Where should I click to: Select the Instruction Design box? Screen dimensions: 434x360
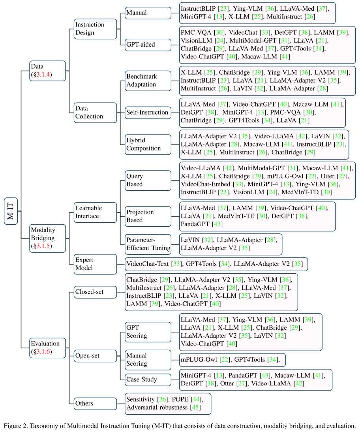[x=95, y=28]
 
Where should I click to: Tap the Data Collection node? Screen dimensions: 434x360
[x=95, y=112]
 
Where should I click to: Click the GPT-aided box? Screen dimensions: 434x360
[x=147, y=45]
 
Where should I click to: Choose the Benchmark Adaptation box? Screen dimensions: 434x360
[x=147, y=80]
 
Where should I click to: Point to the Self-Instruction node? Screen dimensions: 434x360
[x=147, y=112]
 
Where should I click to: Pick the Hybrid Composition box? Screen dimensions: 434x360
[x=147, y=144]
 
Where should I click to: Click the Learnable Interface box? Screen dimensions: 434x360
[x=95, y=212]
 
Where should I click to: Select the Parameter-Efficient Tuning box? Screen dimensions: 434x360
[x=148, y=244]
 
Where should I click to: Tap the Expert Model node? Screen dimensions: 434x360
[x=95, y=264]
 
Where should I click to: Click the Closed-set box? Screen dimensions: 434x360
[x=95, y=292]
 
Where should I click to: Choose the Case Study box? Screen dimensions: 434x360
[x=147, y=380]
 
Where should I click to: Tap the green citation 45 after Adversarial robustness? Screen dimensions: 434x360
[x=195, y=407]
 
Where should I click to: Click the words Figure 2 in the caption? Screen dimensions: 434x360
[x=15, y=426]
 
